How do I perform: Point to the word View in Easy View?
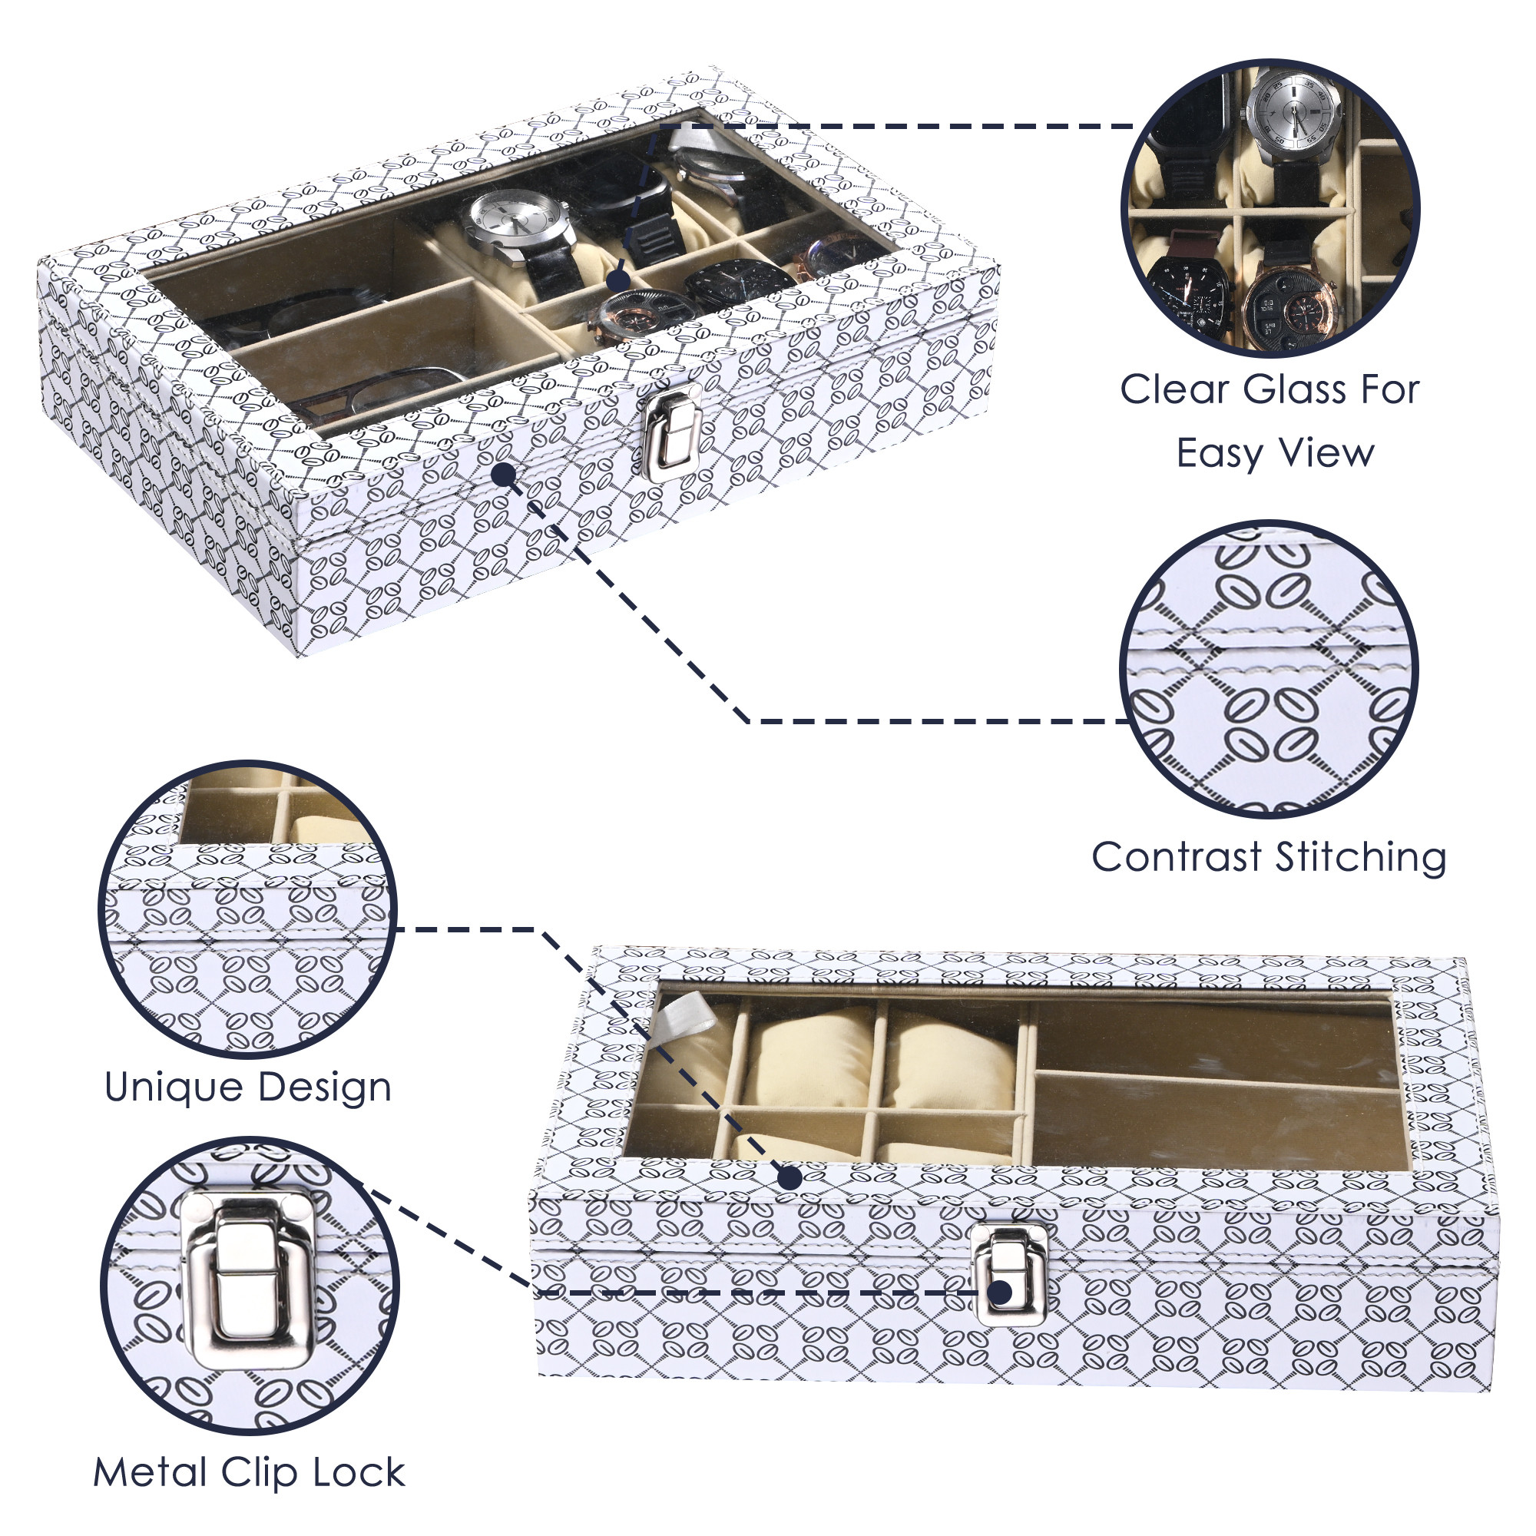[x=1332, y=454]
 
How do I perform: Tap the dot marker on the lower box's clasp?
[x=1003, y=1293]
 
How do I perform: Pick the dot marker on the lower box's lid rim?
[x=790, y=1177]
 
